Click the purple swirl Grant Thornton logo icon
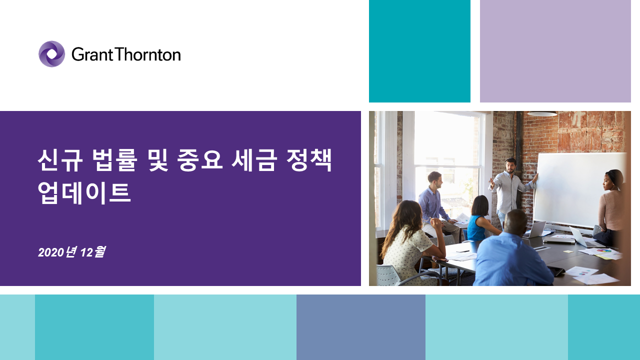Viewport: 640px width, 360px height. pos(51,54)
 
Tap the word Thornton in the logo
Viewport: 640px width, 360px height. pos(148,54)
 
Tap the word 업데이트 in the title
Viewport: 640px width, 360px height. pos(84,193)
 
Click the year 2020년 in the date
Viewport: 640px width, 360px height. pos(57,252)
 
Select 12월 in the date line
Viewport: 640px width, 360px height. pos(93,252)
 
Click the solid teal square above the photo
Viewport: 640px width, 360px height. pos(419,51)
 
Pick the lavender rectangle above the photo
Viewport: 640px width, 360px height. pos(555,51)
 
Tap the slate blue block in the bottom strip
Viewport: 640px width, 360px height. pos(361,327)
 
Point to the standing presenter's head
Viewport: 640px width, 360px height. pos(510,165)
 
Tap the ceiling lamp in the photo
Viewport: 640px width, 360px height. pos(542,113)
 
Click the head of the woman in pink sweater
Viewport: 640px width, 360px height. pos(613,180)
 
